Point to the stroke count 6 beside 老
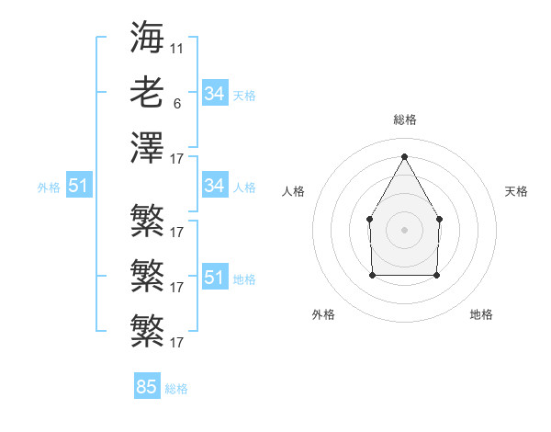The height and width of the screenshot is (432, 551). click(176, 104)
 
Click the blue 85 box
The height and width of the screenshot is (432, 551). click(147, 387)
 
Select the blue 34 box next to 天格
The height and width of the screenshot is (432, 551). click(215, 94)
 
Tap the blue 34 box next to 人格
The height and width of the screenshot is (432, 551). click(215, 186)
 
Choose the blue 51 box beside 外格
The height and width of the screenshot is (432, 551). click(79, 186)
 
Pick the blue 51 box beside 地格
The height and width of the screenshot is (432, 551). click(215, 278)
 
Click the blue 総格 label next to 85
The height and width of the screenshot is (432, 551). click(176, 389)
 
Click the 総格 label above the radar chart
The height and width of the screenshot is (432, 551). click(404, 119)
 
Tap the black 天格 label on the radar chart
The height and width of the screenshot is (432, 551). click(516, 191)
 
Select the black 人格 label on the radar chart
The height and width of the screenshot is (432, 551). click(293, 191)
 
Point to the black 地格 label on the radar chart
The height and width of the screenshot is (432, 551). click(481, 314)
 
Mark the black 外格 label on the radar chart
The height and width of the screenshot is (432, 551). click(324, 314)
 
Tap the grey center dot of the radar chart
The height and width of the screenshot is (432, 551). click(404, 229)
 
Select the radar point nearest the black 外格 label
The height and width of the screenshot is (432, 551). click(372, 274)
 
